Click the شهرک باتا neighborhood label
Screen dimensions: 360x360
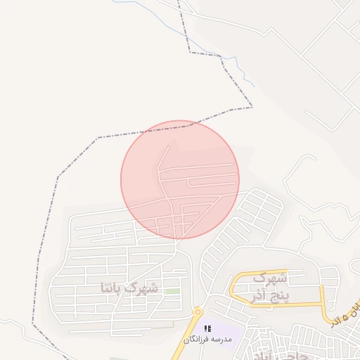[x=130, y=288]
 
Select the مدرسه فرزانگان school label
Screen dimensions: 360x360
[x=212, y=340]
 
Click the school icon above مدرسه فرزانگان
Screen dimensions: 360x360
[x=207, y=328]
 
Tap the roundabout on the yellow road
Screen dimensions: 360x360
[x=198, y=311]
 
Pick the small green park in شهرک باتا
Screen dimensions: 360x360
[x=172, y=291]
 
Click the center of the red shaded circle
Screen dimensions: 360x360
[x=180, y=179]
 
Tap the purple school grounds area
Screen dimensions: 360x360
[x=225, y=330]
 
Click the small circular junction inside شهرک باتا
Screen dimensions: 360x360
[x=163, y=268]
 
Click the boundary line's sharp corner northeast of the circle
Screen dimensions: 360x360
[x=252, y=107]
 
